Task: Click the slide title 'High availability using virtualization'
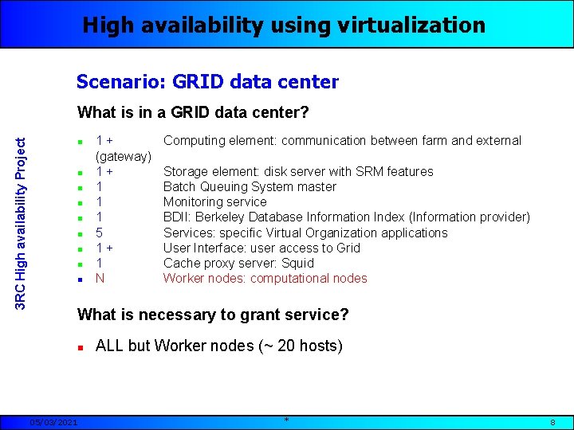[284, 25]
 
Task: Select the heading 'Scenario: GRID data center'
[207, 81]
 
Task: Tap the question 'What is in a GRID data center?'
[193, 112]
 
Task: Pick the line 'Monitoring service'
[214, 201]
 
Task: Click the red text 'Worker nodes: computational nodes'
[265, 278]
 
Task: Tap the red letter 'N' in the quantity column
[100, 278]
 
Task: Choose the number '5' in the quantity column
[100, 233]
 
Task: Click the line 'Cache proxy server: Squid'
[238, 263]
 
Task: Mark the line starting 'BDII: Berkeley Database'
[346, 217]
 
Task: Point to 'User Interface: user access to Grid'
[261, 248]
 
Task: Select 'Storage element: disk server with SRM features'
[298, 171]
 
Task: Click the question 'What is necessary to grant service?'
[213, 315]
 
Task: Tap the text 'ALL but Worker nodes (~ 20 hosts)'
[219, 346]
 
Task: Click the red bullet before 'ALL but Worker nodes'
[81, 347]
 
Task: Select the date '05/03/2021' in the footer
[54, 422]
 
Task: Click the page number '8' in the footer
[552, 422]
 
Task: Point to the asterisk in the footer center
[286, 420]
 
